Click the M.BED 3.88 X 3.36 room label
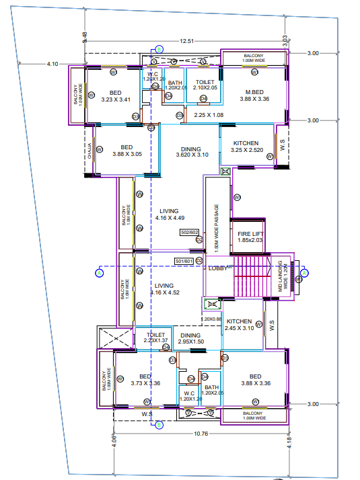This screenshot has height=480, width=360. point(254,95)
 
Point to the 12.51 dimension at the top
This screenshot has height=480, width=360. point(187,42)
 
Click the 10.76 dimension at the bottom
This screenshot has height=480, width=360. point(200,434)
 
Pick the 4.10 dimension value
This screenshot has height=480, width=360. point(52,64)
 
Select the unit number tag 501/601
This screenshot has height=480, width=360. point(184,261)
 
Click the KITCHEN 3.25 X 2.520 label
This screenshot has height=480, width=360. point(246,147)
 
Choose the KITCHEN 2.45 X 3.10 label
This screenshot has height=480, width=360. point(239,325)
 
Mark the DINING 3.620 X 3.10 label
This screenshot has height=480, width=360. point(192,152)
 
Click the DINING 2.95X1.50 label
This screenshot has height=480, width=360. point(190,338)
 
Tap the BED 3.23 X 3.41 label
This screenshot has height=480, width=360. point(116,95)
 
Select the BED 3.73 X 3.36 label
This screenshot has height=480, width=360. point(145,380)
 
